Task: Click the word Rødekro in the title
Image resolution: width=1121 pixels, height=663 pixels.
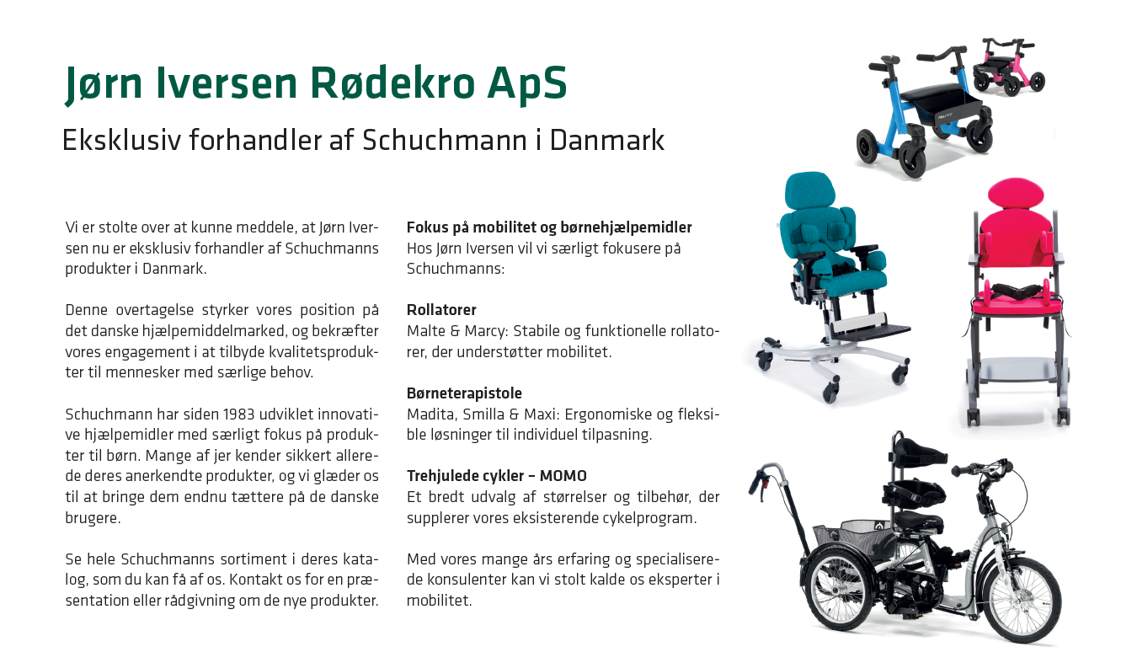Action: [x=392, y=83]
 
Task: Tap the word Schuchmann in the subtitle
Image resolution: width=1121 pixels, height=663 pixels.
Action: [x=445, y=140]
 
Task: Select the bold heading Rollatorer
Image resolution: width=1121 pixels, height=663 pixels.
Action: [x=441, y=310]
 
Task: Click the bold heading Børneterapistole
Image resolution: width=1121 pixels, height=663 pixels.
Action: [x=464, y=393]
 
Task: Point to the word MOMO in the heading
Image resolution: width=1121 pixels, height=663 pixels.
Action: [x=563, y=476]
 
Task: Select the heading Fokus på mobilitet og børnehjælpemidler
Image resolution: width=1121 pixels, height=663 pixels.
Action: [x=549, y=227]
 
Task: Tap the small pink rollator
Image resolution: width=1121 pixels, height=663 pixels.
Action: [x=1008, y=67]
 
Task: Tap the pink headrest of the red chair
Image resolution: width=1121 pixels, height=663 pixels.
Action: [x=1016, y=193]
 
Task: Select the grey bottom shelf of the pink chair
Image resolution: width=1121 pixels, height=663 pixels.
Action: [x=1017, y=370]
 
